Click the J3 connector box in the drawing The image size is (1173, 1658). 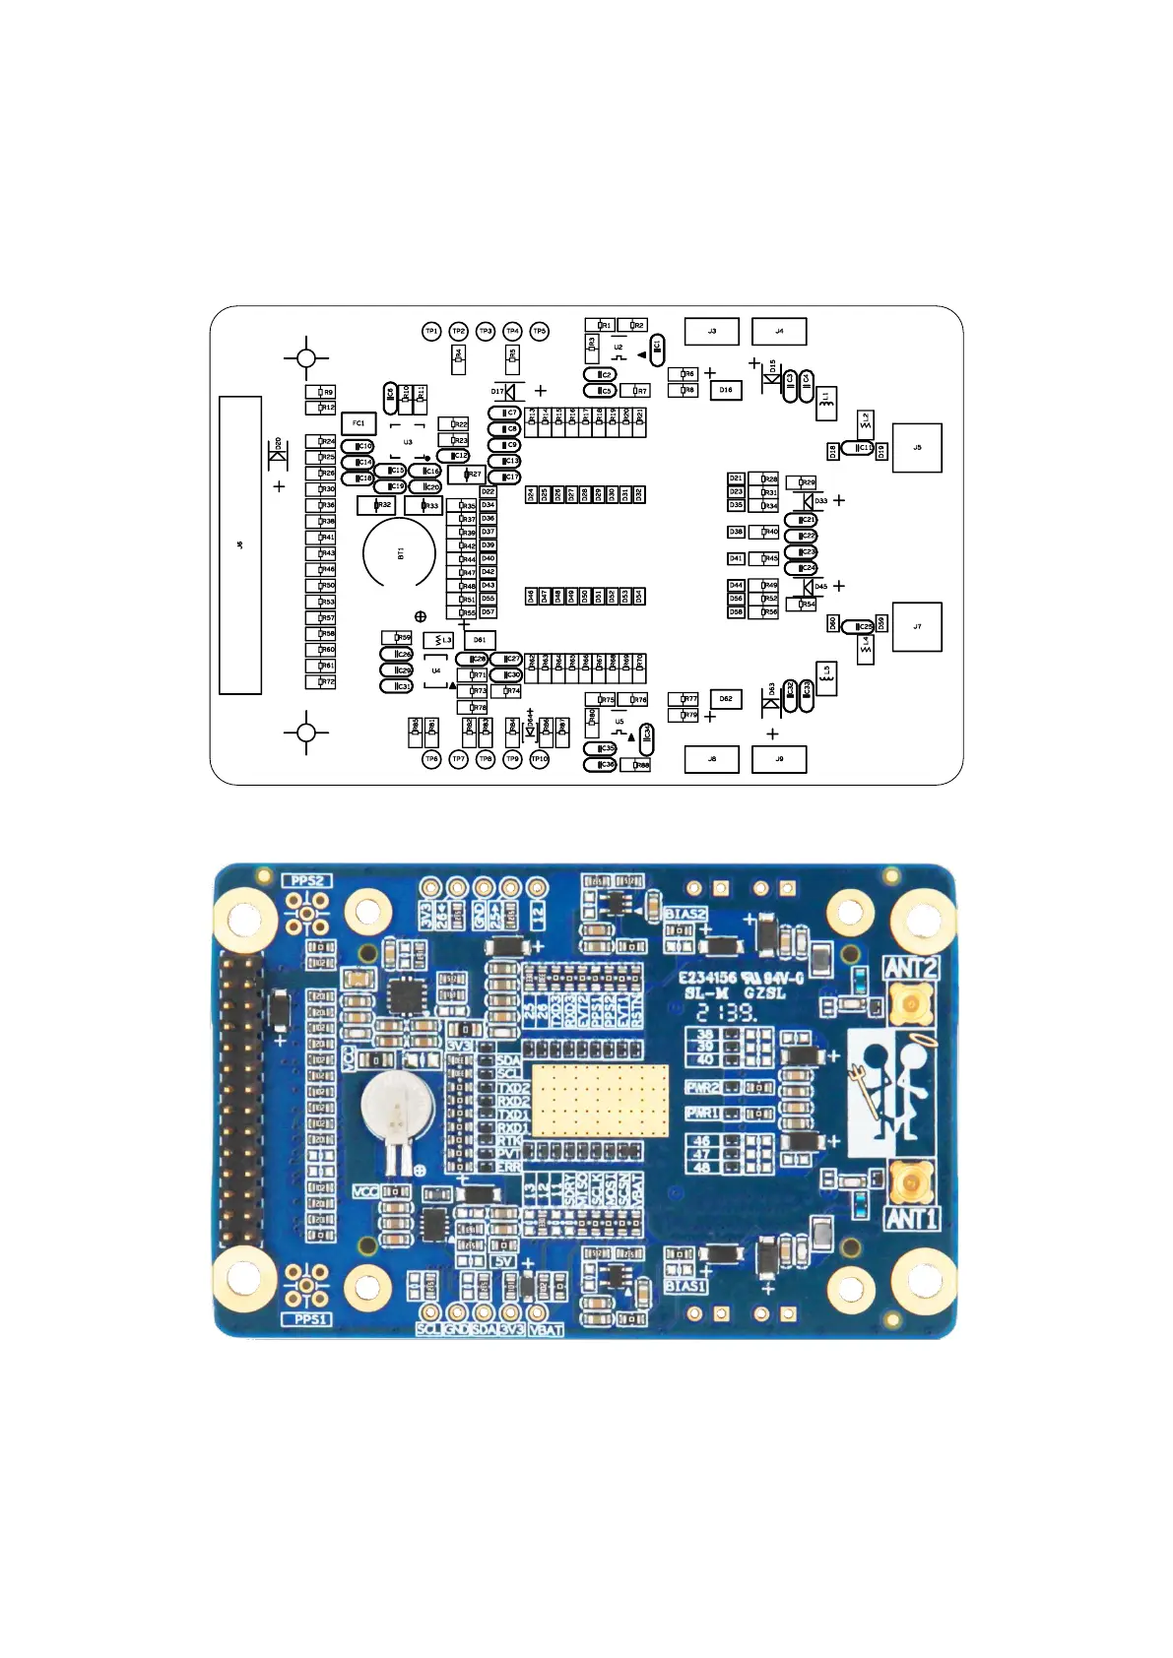[x=711, y=331]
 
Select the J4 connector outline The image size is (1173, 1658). [x=779, y=331]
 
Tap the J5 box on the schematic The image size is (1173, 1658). [x=917, y=448]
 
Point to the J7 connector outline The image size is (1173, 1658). [x=917, y=626]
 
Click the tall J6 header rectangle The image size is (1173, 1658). [x=240, y=544]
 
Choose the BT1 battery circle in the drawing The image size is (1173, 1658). [x=400, y=554]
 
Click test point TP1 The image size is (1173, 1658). [x=431, y=332]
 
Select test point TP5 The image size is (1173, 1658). [x=539, y=332]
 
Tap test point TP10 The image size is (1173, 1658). [x=539, y=759]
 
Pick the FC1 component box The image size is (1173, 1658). [x=358, y=423]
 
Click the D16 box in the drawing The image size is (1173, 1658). [x=726, y=390]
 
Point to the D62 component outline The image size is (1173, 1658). [x=726, y=699]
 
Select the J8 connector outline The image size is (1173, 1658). [x=711, y=759]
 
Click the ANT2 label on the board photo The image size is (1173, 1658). [x=911, y=967]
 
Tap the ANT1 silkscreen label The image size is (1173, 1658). [x=911, y=1219]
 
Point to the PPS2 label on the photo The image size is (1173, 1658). [x=308, y=880]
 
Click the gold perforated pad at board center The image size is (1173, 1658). [x=599, y=1100]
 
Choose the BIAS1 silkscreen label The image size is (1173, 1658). [x=685, y=1286]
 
